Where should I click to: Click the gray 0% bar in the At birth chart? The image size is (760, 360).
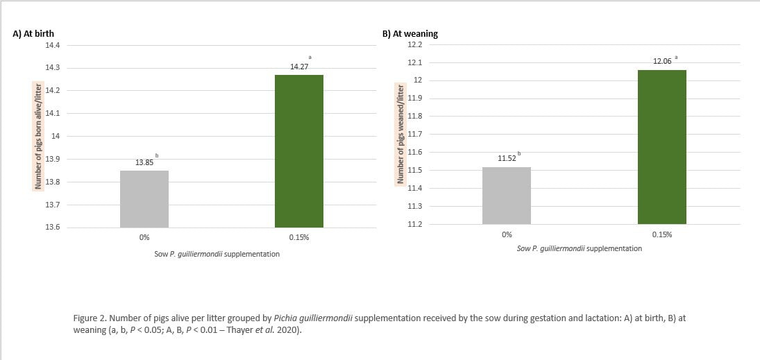[144, 199]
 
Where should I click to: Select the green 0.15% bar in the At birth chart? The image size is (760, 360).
[299, 151]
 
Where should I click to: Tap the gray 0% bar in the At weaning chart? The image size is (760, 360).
[507, 196]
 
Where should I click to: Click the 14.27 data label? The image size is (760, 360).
[299, 67]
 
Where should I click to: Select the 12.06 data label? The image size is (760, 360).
[662, 62]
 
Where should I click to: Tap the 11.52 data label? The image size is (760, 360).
[507, 159]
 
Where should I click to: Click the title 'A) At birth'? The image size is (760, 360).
[33, 33]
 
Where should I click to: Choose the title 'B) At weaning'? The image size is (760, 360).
[410, 33]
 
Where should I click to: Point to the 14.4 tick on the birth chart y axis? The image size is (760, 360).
[53, 45]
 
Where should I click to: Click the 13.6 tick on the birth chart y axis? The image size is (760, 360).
[53, 228]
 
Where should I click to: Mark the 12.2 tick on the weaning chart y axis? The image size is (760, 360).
[415, 44]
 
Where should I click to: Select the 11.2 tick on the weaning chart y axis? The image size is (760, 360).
[415, 224]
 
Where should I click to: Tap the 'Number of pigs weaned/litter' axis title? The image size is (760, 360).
[400, 134]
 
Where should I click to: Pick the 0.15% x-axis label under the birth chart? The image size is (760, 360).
[299, 238]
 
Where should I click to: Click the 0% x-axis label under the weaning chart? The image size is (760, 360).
[507, 234]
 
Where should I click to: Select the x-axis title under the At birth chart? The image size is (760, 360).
[217, 254]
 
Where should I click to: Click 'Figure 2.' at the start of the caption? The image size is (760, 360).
[88, 318]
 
